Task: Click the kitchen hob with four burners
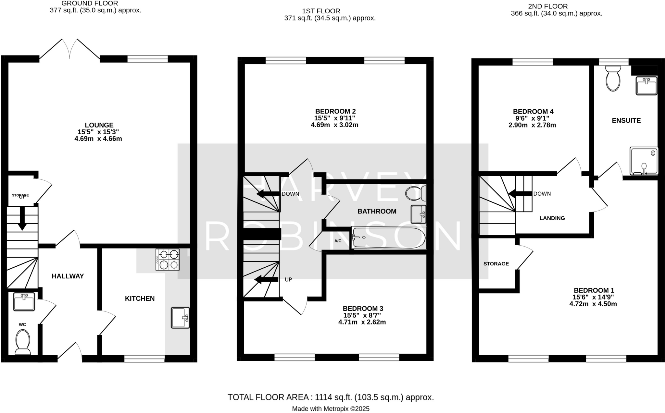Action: pos(168,260)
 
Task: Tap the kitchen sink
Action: pos(180,318)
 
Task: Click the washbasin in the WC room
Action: pos(24,302)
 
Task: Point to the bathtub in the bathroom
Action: pos(389,238)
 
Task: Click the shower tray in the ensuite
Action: pos(644,161)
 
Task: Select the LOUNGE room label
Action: pos(99,125)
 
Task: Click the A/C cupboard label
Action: pos(338,241)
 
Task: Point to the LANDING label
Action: pos(552,218)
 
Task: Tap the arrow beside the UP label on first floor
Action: pos(266,279)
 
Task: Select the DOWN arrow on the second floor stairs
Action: pos(520,194)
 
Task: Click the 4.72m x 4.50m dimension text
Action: pos(593,304)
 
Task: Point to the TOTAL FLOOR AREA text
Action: pos(331,397)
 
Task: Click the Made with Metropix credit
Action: pos(331,409)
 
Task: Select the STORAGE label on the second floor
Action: pos(496,264)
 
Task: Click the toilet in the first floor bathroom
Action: pos(416,193)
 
